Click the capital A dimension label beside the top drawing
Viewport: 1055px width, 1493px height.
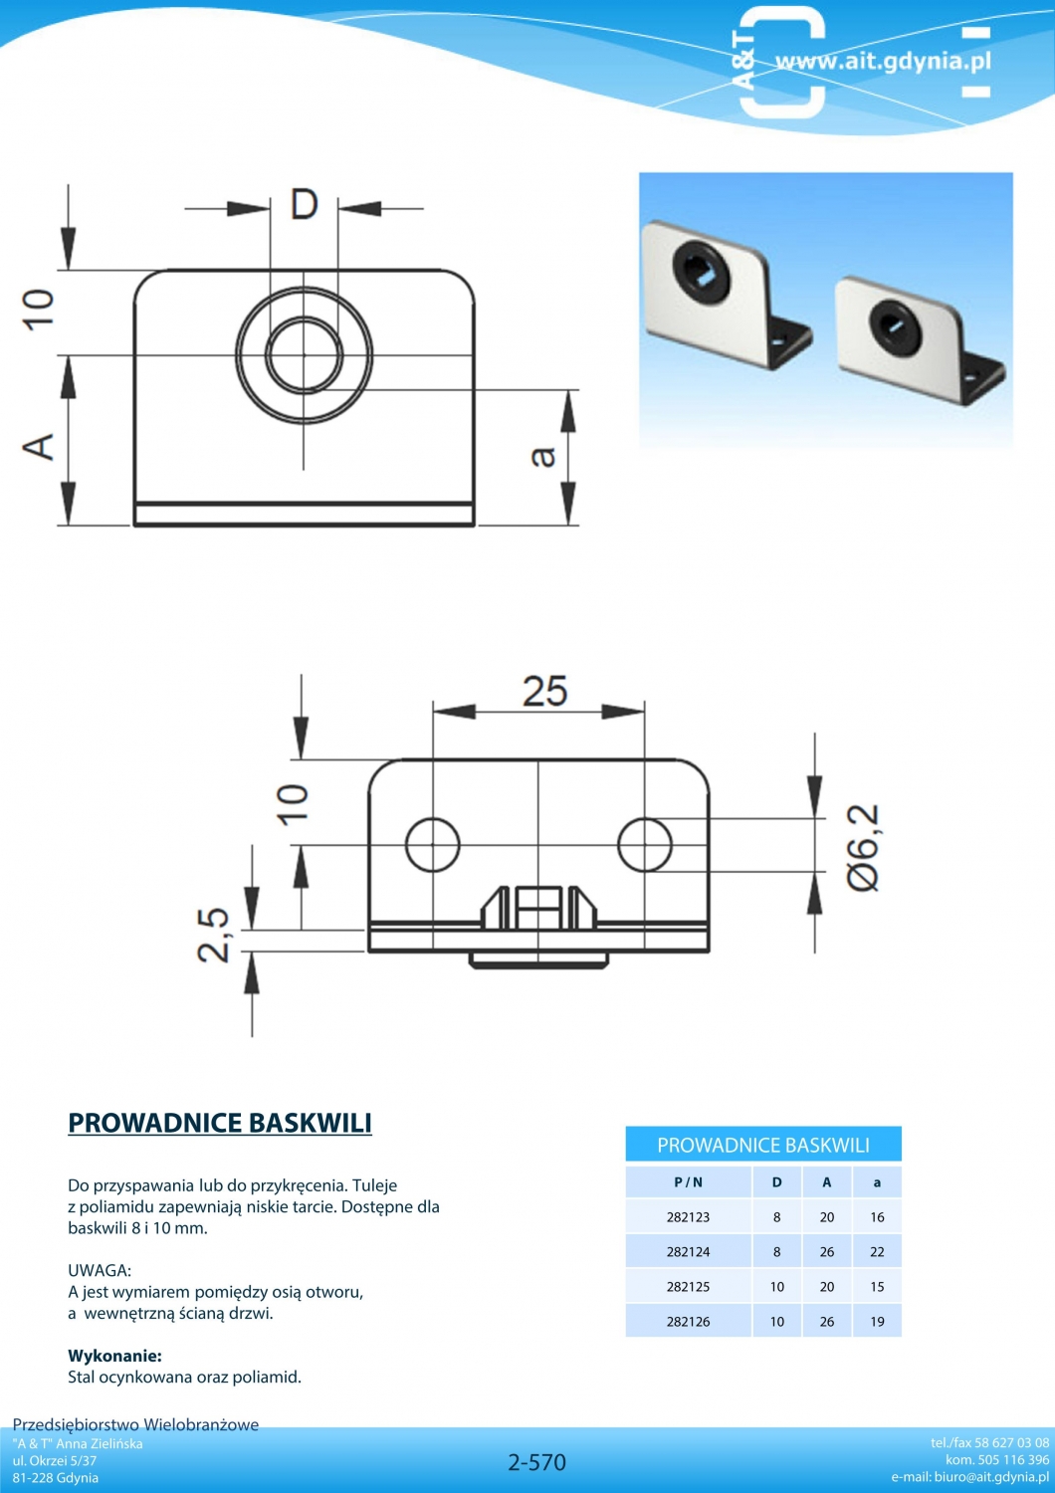pyautogui.click(x=40, y=446)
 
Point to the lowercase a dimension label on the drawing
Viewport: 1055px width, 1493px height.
pyautogui.click(x=543, y=456)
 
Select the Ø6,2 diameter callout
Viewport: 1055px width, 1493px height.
pyautogui.click(x=864, y=848)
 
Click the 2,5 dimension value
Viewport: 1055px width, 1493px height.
pyautogui.click(x=214, y=936)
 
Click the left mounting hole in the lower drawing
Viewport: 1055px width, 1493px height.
pyautogui.click(x=433, y=844)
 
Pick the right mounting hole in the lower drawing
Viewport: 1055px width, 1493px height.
pyautogui.click(x=645, y=844)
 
